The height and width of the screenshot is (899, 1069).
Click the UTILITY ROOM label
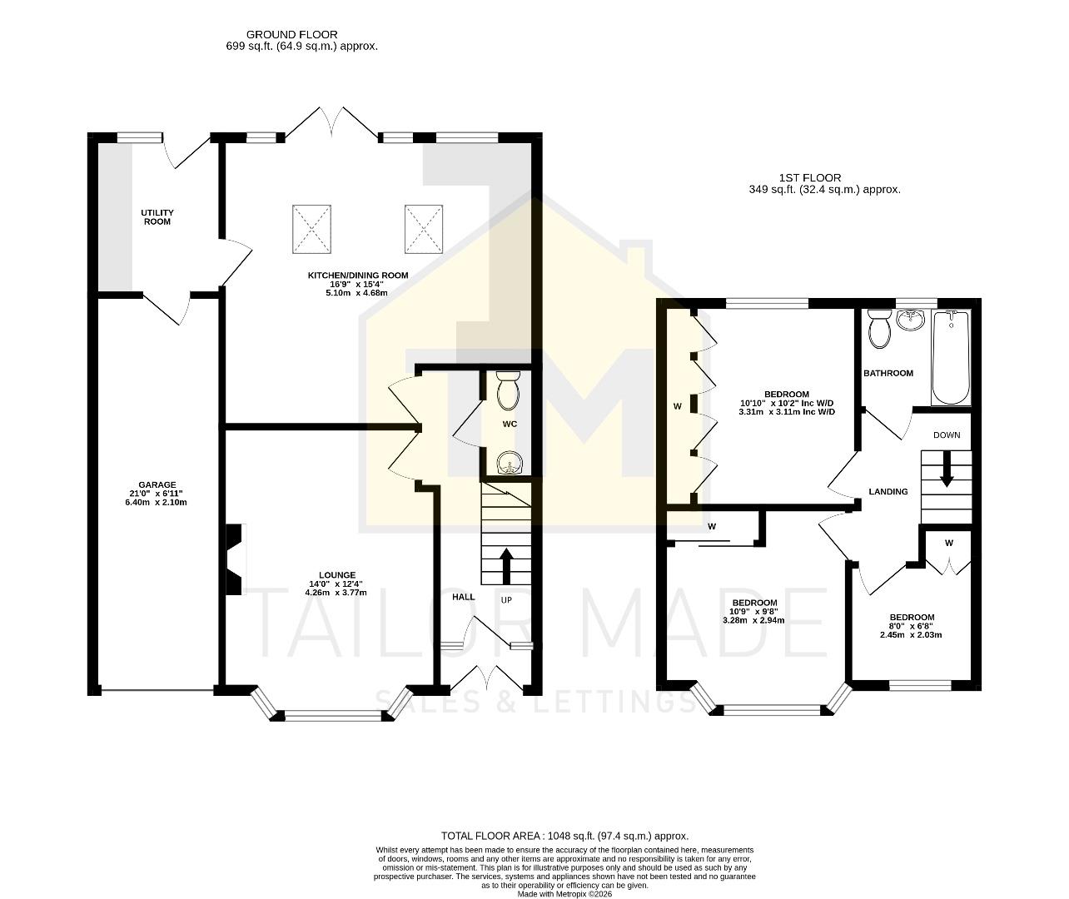click(x=157, y=217)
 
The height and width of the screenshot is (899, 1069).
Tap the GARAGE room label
click(x=157, y=484)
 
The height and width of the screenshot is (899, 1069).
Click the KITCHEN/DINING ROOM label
click(x=358, y=276)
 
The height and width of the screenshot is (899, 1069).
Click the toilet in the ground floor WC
click(x=507, y=390)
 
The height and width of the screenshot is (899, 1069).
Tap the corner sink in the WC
click(x=507, y=462)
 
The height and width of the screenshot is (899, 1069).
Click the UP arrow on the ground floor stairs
click(x=505, y=565)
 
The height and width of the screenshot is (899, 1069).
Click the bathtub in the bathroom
click(x=951, y=358)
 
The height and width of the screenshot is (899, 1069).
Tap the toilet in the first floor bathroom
click(x=878, y=329)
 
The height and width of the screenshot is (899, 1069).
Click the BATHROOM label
click(x=888, y=373)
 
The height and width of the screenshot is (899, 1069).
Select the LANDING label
click(x=888, y=492)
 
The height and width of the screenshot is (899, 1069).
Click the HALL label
click(x=463, y=597)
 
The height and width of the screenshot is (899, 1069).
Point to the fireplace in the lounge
click(x=234, y=559)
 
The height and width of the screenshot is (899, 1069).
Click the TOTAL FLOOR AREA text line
click(x=564, y=836)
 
